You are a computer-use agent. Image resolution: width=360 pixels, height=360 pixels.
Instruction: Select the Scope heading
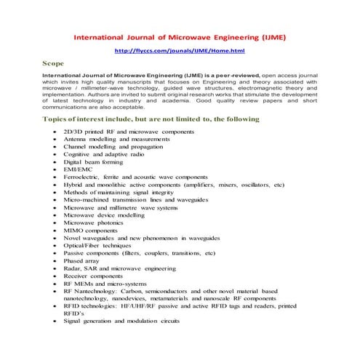click(55, 64)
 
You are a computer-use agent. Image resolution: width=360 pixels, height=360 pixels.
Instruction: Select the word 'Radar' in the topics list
click(74, 268)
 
